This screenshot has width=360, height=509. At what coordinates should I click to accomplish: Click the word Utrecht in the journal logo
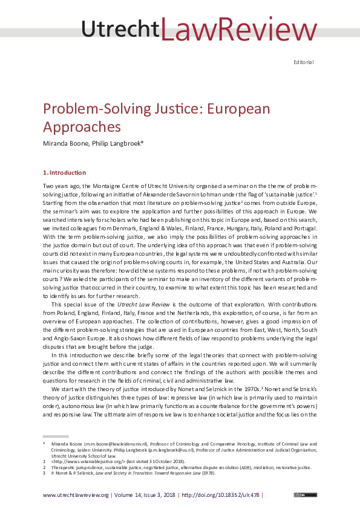point(120,29)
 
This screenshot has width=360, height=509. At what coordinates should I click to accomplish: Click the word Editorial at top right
point(303,62)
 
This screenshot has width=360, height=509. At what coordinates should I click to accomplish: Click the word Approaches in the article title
point(82,127)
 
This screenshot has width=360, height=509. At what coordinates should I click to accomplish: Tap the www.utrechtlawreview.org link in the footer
point(76,495)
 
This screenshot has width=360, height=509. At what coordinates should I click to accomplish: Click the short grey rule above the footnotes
point(55,435)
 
